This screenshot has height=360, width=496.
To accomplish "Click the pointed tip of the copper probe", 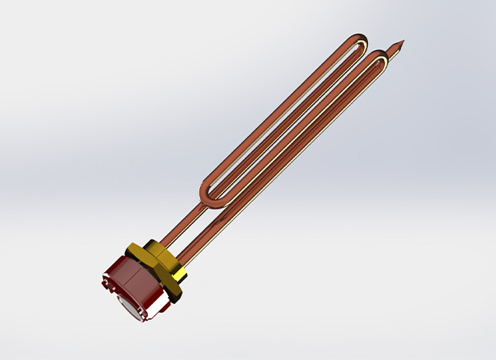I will click(402, 39).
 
